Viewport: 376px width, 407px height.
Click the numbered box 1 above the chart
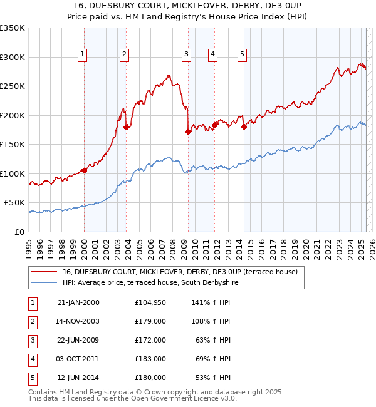pyautogui.click(x=83, y=54)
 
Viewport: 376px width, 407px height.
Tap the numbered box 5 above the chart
pyautogui.click(x=242, y=54)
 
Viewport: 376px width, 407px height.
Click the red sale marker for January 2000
pyautogui.click(x=84, y=170)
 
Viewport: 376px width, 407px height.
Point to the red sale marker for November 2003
pyautogui.click(x=127, y=127)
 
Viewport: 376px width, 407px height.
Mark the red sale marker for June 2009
pyautogui.click(x=189, y=131)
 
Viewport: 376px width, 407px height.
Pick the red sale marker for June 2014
pyautogui.click(x=244, y=126)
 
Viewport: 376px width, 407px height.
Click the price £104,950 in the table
pyautogui.click(x=150, y=302)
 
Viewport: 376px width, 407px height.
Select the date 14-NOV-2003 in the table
pyautogui.click(x=78, y=321)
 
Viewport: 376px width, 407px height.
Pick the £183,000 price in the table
pyautogui.click(x=150, y=359)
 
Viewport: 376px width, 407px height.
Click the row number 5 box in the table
pyautogui.click(x=32, y=378)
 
